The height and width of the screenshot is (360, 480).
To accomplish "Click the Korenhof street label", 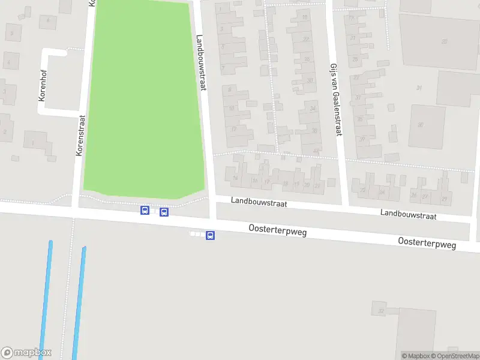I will pos(43,85).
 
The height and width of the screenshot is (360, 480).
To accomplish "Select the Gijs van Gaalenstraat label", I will pos(335,100).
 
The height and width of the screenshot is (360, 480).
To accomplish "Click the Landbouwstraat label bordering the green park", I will pos(202,62).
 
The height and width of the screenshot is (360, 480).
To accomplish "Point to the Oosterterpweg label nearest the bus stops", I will pos(278,230).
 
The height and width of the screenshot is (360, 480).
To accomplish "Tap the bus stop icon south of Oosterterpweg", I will pos(210,236).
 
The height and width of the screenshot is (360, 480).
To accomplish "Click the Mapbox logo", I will pos(26,353).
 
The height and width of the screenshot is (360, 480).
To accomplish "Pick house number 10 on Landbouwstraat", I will pos(232,109).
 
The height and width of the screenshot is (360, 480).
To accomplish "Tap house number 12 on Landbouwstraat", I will pos(233,129).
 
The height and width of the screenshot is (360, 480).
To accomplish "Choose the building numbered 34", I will pos(314,109).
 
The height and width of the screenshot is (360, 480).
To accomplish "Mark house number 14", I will pos(236,178).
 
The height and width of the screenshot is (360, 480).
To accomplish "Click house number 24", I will pos(382,193).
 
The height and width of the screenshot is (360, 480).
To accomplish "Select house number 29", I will pos(444,197).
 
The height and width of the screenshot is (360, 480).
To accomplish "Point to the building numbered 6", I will pos(47,20).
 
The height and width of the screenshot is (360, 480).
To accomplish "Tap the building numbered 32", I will pos(380,311).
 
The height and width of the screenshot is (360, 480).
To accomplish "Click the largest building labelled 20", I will pos(444,41).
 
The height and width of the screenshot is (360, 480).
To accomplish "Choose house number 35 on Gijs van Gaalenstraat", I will pos(360,119).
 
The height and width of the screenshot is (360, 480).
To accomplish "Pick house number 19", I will pos(297,184).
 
